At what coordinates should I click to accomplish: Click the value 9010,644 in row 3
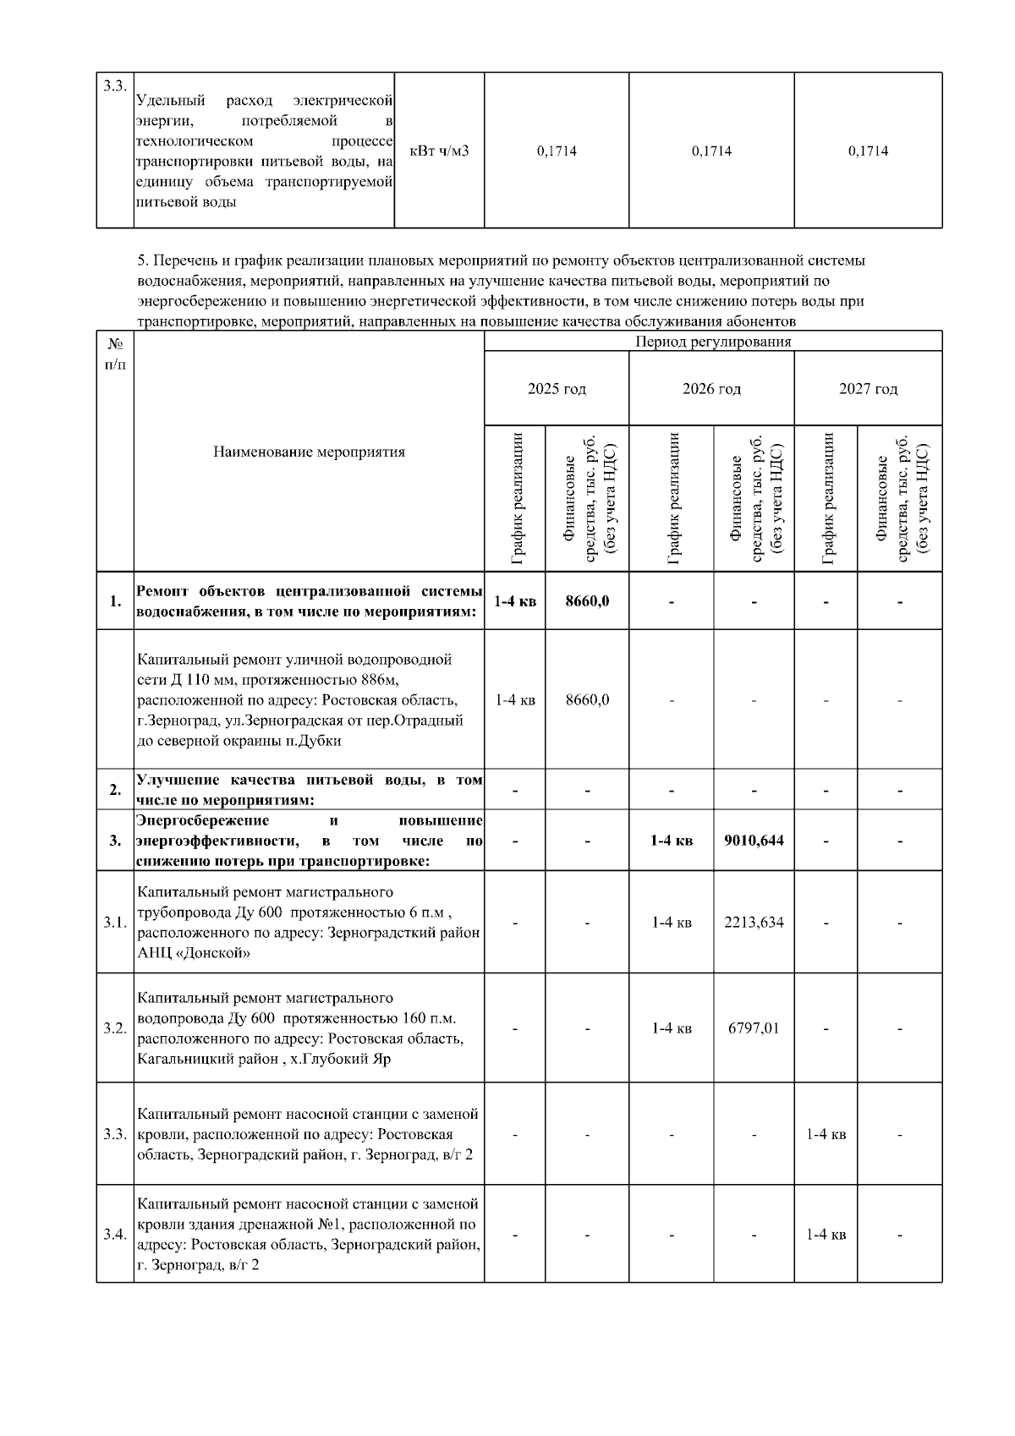point(754,841)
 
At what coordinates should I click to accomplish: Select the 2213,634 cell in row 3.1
point(754,922)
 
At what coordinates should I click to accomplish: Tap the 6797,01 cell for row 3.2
point(754,1028)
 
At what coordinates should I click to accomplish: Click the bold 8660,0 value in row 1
point(587,601)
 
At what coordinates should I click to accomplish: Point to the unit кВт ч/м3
point(439,151)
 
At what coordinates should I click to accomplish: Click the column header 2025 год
point(557,389)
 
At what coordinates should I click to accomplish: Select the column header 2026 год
point(711,389)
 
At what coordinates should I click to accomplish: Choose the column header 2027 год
point(868,389)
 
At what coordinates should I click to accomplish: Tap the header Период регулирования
point(713,342)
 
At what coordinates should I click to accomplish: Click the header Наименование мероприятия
point(309,452)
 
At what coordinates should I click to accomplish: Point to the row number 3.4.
point(115,1235)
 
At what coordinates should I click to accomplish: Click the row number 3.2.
point(115,1028)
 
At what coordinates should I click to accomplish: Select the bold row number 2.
point(115,791)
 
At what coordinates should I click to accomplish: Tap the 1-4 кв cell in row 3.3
point(826,1134)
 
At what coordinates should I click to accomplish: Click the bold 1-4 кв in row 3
point(672,841)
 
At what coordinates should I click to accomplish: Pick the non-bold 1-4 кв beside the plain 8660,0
point(515,700)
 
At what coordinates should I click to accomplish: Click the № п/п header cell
point(115,354)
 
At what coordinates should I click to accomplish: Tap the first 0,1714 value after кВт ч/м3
point(557,151)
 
